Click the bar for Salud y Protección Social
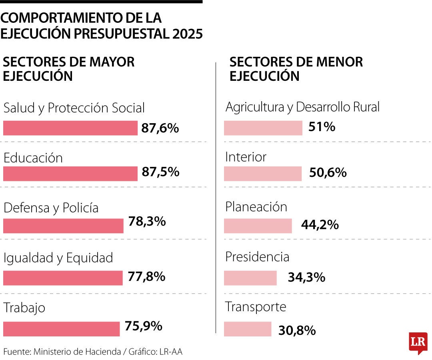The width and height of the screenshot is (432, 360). coord(70,128)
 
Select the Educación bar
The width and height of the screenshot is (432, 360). coord(70,174)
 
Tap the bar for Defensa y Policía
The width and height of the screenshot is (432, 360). coord(63,226)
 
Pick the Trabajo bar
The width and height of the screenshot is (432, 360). coord(61,329)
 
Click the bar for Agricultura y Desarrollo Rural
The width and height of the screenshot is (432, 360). coord(263,128)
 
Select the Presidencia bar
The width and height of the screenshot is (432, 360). coord(250,278)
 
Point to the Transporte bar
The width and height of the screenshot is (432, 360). coord(248,329)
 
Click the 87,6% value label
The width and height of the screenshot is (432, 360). coord(160,128)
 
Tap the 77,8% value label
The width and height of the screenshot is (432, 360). coord(147,276)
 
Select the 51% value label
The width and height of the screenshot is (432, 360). coord(322,127)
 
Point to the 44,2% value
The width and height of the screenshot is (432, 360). coord(320,225)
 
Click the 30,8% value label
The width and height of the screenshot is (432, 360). coord(297,330)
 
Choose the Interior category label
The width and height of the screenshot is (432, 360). coord(246,157)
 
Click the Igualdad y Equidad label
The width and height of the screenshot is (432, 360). coord(58,258)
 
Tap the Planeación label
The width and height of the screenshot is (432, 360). coord(256,207)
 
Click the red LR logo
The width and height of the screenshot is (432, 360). coord(418,343)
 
